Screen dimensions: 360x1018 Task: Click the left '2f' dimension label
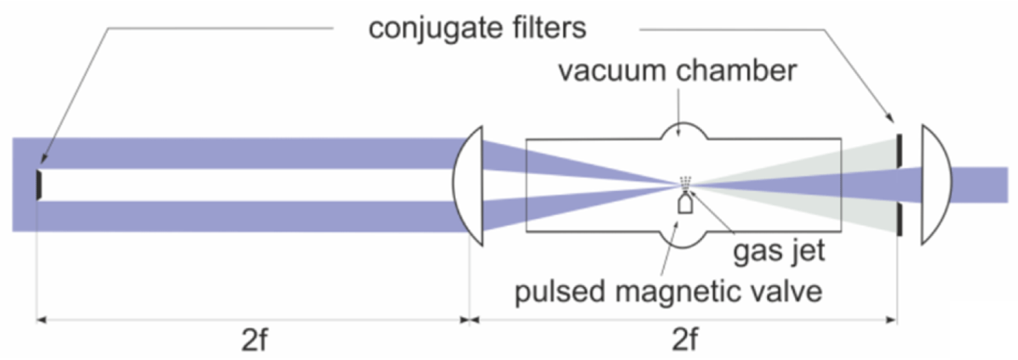click(254, 340)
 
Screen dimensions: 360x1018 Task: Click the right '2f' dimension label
click(684, 340)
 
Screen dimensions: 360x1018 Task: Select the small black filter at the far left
click(38, 185)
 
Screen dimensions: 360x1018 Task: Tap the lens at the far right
click(936, 184)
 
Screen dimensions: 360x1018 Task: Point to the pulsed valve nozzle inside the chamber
click(685, 205)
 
